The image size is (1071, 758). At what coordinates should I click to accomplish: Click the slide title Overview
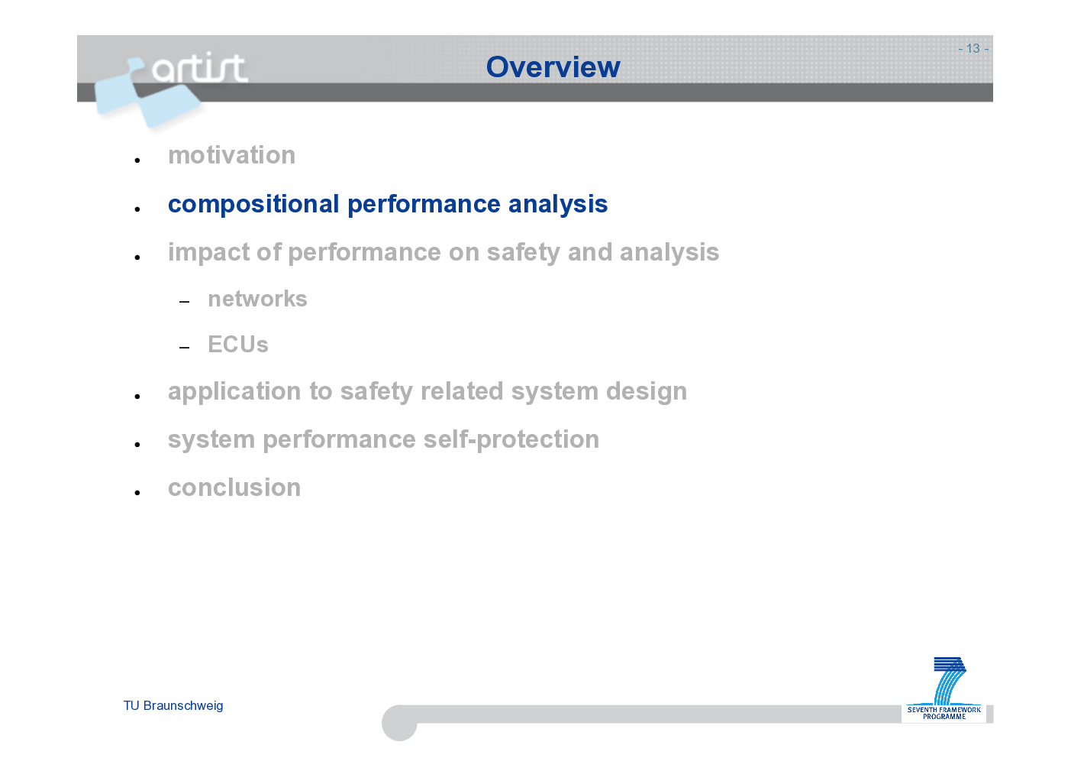553,66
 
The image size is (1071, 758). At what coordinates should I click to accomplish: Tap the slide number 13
973,48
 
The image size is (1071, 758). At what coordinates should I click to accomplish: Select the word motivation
232,155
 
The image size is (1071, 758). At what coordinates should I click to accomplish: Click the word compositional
253,204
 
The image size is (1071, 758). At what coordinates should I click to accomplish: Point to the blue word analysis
558,204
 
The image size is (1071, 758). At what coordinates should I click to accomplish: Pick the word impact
208,253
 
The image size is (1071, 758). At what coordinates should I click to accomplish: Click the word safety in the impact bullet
523,253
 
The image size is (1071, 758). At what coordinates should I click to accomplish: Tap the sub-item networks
258,299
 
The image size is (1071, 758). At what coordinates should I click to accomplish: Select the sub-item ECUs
238,344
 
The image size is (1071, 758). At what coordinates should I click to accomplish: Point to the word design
647,391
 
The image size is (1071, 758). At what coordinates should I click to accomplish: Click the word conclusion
234,488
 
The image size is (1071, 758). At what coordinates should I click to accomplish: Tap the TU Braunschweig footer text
173,705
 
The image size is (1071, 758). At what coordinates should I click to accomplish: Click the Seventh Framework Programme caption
944,713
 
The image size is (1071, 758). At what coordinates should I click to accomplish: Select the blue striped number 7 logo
950,681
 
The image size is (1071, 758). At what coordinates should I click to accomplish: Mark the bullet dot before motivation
137,160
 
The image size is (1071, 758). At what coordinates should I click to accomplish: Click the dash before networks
184,302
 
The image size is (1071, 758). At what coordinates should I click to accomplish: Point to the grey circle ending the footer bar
399,723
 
